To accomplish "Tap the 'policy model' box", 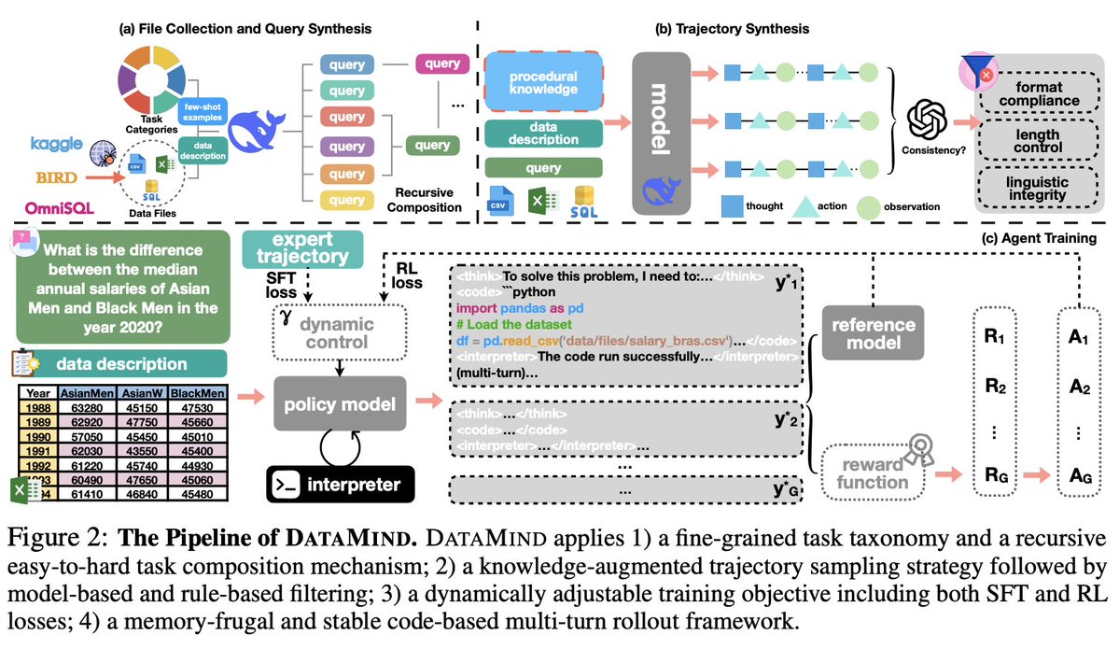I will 341,406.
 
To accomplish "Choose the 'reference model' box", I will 872,332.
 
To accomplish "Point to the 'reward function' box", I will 870,473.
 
